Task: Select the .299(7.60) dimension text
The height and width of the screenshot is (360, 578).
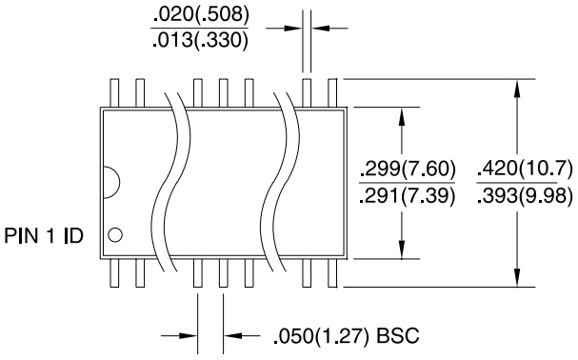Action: pyautogui.click(x=407, y=170)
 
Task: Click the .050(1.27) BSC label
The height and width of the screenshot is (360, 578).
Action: pyautogui.click(x=345, y=337)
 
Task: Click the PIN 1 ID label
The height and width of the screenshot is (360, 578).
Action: pyautogui.click(x=45, y=234)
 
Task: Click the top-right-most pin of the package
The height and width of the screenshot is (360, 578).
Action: pyautogui.click(x=332, y=92)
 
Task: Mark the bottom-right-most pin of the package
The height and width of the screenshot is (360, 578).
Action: pyautogui.click(x=332, y=273)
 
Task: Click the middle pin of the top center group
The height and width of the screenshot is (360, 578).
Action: pyautogui.click(x=224, y=92)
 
